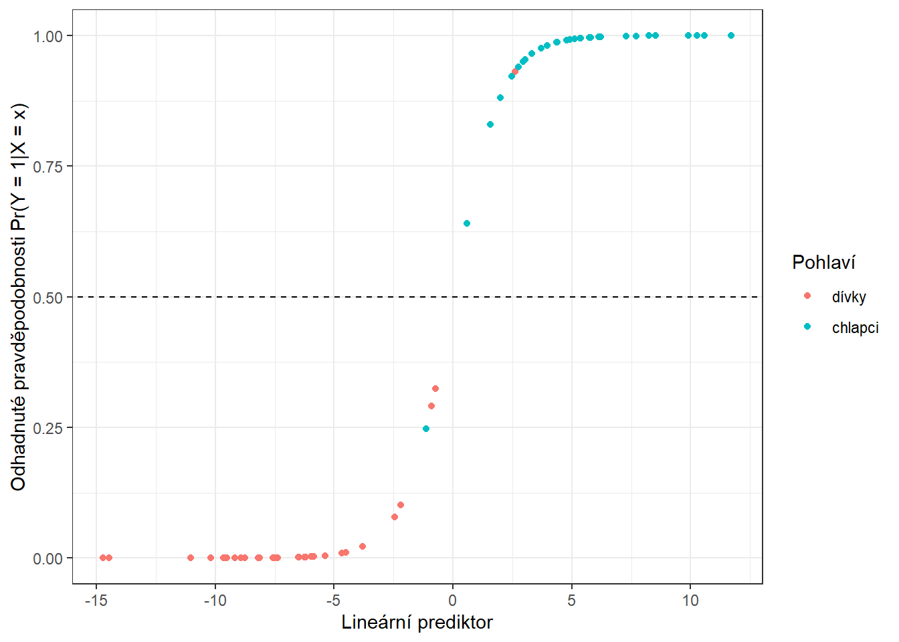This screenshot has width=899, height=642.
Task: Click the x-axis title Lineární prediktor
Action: click(417, 623)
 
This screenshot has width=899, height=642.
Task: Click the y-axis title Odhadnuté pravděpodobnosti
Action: click(19, 297)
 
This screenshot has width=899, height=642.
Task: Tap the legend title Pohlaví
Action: click(823, 262)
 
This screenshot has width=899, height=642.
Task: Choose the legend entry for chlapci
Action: click(855, 328)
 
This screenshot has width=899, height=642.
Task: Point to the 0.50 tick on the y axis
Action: click(48, 298)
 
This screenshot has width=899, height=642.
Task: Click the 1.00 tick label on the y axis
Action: click(48, 36)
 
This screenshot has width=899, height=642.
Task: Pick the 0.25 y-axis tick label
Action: click(48, 428)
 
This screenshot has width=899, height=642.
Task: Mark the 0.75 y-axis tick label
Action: click(48, 167)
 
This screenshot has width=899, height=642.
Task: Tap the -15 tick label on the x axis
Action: click(96, 601)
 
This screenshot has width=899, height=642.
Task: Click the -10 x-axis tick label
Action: click(215, 601)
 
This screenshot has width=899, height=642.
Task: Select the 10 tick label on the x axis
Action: click(690, 601)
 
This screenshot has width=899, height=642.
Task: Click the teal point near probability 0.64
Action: click(467, 223)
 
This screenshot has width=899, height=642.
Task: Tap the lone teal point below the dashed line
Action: click(426, 429)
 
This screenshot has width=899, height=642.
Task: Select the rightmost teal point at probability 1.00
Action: click(731, 35)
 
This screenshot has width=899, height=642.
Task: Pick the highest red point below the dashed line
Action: click(435, 389)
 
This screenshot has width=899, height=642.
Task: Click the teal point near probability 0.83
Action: click(490, 124)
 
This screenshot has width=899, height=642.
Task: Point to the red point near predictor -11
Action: click(191, 558)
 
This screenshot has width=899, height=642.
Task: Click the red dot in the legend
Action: click(807, 296)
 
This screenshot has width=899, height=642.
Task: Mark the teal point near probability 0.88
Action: click(500, 98)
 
